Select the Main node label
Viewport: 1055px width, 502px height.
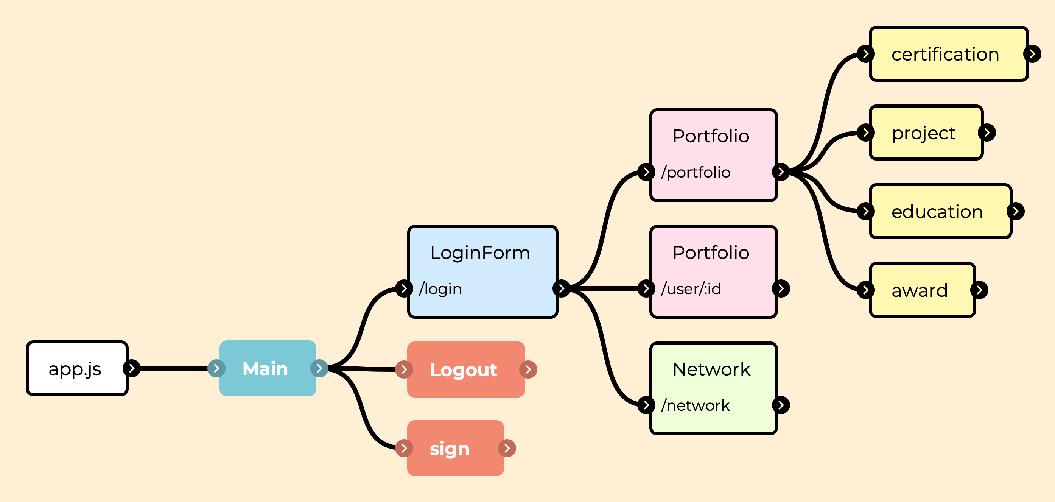coord(265,368)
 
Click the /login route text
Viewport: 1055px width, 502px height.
coord(440,288)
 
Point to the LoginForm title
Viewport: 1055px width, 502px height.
coord(480,253)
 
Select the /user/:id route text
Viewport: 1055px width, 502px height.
coord(691,288)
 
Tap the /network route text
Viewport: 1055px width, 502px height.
coord(696,405)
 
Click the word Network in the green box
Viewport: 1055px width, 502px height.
coord(711,369)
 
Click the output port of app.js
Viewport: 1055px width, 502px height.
coord(131,368)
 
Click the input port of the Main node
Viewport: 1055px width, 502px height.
coord(216,368)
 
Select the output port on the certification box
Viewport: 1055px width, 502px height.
coord(1032,54)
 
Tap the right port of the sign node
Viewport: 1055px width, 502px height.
coord(507,448)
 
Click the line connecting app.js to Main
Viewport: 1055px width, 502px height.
coord(174,368)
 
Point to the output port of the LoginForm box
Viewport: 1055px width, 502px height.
coord(562,288)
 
